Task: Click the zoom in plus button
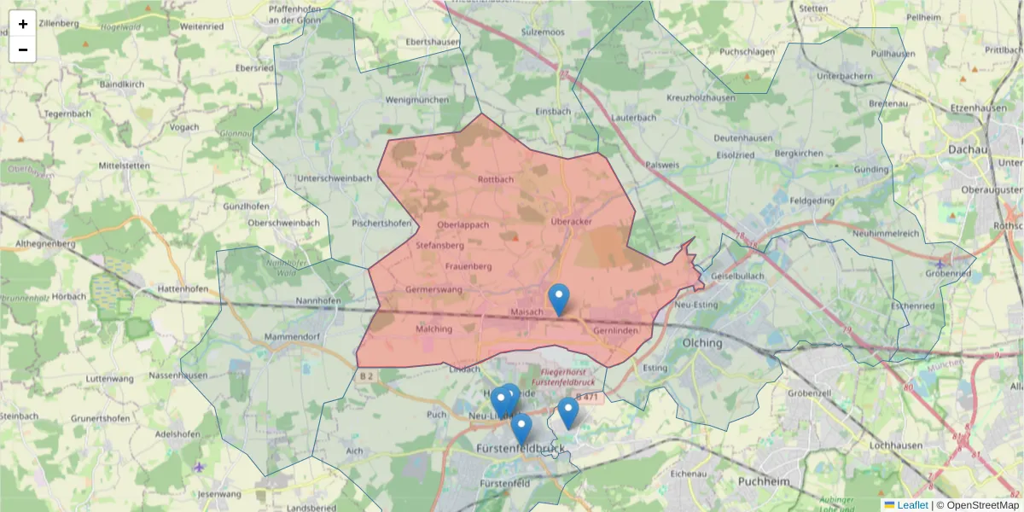click(x=23, y=24)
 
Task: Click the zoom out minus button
click(x=23, y=49)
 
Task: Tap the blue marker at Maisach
click(x=558, y=300)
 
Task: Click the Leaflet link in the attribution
click(x=912, y=505)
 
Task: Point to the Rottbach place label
click(x=496, y=180)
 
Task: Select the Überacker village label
click(x=571, y=222)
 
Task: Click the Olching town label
click(x=702, y=343)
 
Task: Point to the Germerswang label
click(x=433, y=290)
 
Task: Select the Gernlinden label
click(x=615, y=329)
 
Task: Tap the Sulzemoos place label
click(x=543, y=32)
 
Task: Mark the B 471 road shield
click(x=589, y=397)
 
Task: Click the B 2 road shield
click(x=367, y=375)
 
